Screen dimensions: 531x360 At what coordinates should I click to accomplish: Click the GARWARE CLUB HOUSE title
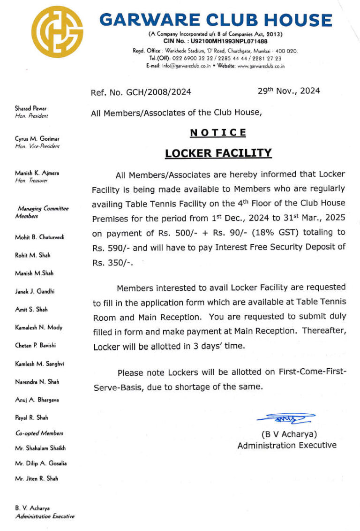(x=216, y=20)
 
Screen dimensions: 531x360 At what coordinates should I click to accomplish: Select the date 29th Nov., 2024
(x=289, y=91)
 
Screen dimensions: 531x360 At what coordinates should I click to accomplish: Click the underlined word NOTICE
(x=218, y=133)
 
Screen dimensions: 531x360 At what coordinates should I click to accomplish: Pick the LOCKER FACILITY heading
(x=218, y=153)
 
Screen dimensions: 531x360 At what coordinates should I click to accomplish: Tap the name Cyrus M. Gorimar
(x=37, y=139)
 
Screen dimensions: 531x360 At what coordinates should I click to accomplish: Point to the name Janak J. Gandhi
(x=35, y=291)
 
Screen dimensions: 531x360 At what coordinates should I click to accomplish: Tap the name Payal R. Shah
(x=31, y=417)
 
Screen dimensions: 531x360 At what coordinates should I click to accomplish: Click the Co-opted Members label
(x=39, y=433)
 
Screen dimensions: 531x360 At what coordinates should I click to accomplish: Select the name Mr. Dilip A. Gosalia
(x=41, y=463)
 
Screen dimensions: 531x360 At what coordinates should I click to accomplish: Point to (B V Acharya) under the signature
(x=289, y=434)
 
